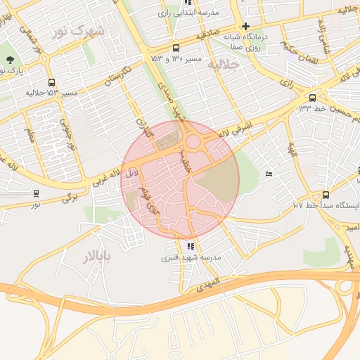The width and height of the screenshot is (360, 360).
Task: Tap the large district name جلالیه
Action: pos(224,64)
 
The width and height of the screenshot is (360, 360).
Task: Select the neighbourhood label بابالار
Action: pos(97,255)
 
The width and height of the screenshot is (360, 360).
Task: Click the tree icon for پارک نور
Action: pos(10,61)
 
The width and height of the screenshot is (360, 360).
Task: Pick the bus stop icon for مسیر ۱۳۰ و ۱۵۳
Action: pos(175,48)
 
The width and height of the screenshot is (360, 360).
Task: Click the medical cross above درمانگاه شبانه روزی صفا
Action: pos(245,25)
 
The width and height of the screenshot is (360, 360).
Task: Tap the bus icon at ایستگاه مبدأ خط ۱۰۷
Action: pos(325,195)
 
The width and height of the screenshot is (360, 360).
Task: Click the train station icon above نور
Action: pos(36,193)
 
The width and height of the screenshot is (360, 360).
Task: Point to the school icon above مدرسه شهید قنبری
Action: pos(191,246)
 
